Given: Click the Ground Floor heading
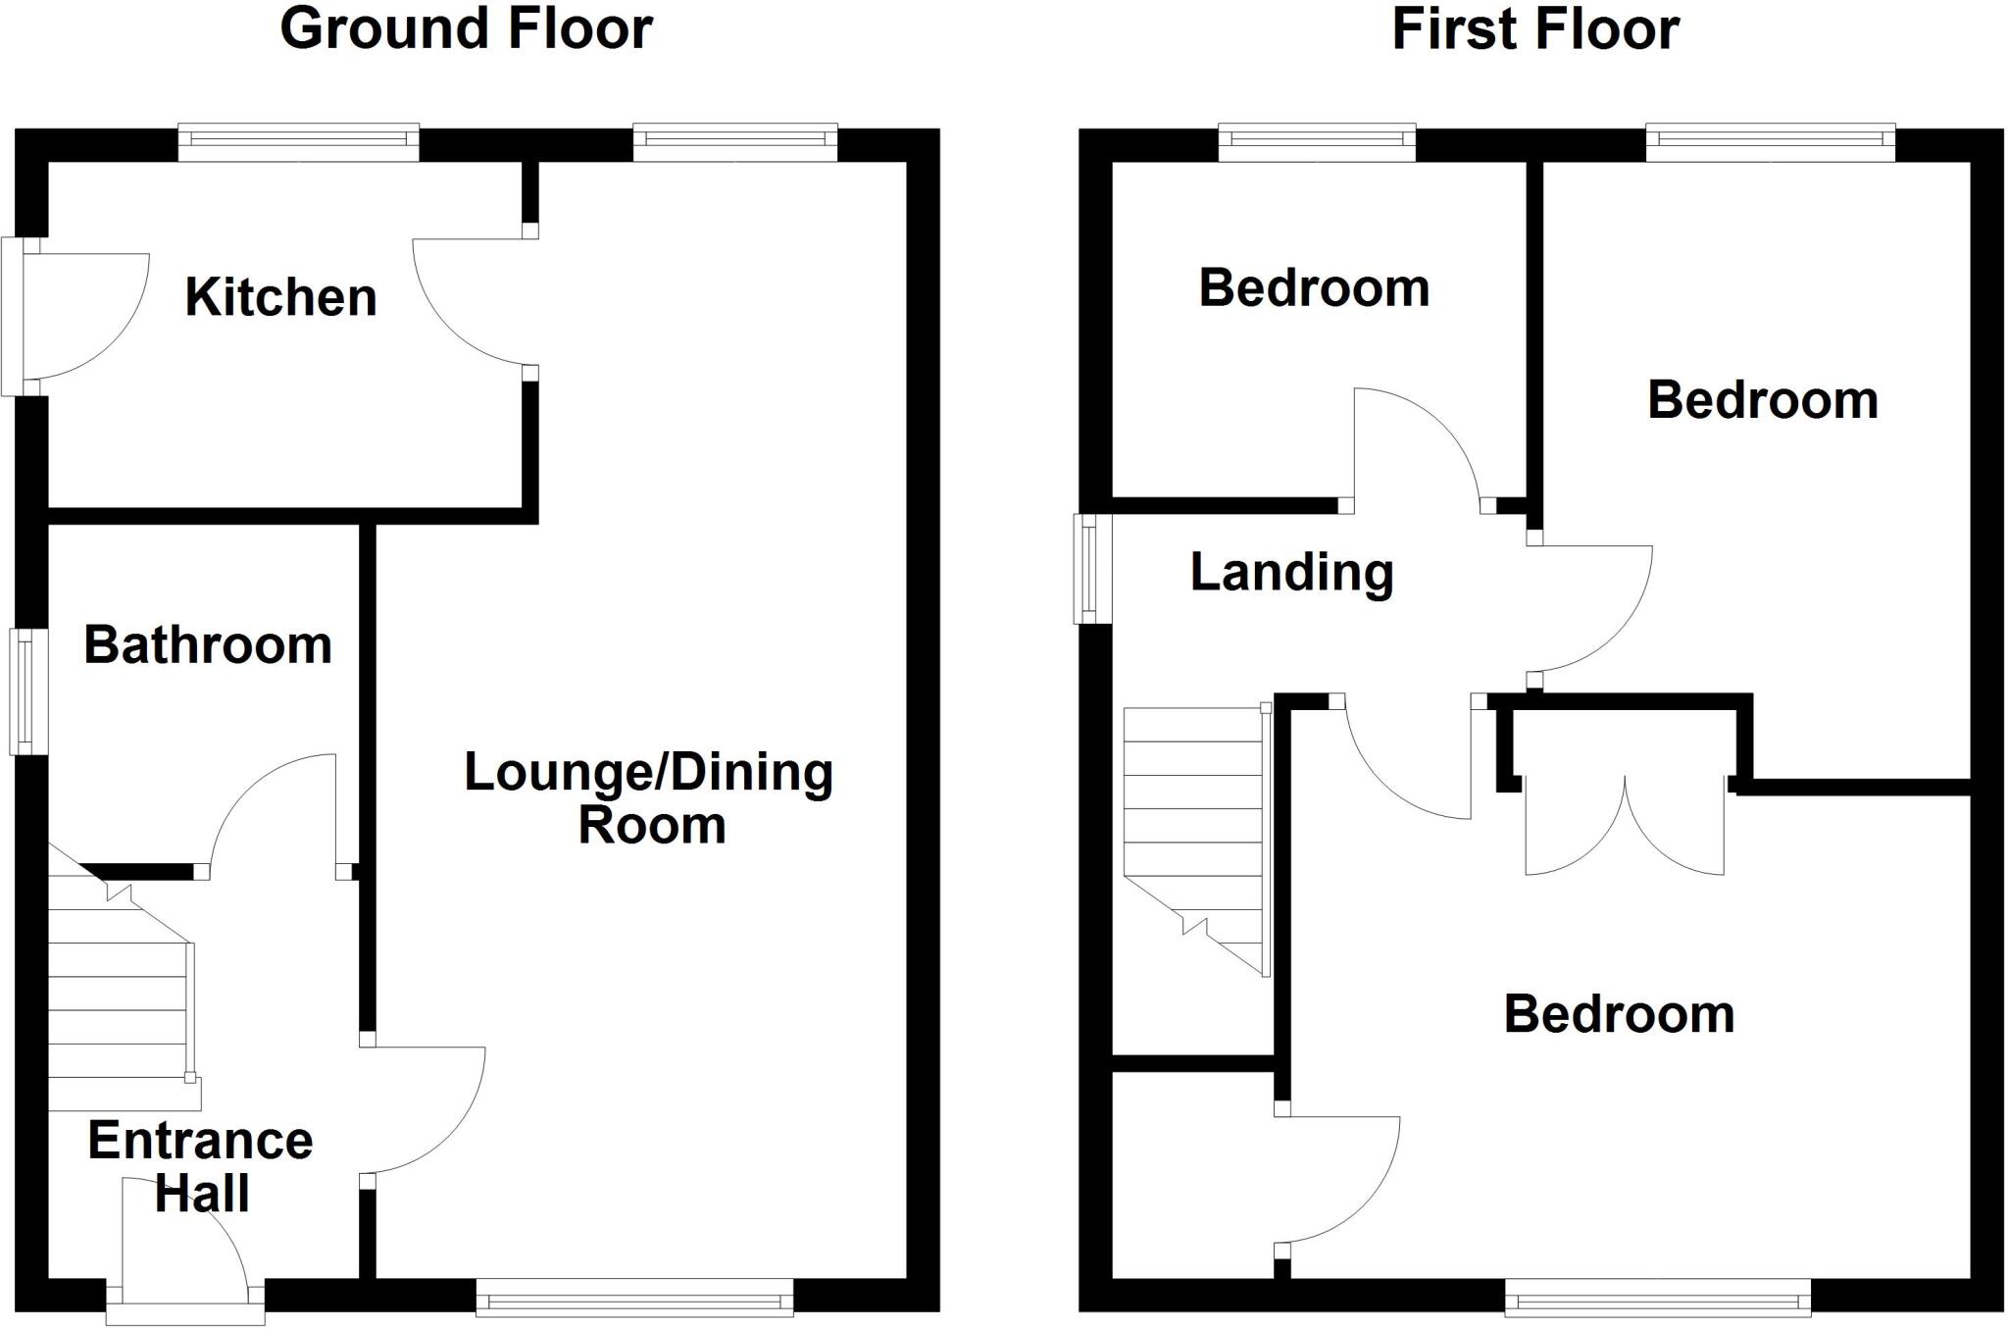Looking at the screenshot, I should tap(466, 29).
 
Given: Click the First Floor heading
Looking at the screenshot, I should tap(1534, 29).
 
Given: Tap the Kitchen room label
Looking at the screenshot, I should tap(280, 297).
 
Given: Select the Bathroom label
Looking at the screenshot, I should tap(208, 645).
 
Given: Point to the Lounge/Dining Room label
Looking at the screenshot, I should tap(649, 797).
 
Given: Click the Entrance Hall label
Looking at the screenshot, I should tap(201, 1166).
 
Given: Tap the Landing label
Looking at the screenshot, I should tap(1291, 572).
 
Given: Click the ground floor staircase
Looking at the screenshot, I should tap(118, 1000).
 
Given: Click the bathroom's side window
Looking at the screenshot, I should tap(28, 691).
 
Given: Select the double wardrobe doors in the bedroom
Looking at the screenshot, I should tap(1625, 824).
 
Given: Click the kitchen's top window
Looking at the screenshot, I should tap(298, 143).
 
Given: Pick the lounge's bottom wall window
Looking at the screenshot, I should tap(634, 1296).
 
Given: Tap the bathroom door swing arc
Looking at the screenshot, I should tap(270, 809).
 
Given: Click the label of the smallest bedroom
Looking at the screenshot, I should tap(1314, 288).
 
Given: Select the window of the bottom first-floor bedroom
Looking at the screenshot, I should tap(1658, 1296).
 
